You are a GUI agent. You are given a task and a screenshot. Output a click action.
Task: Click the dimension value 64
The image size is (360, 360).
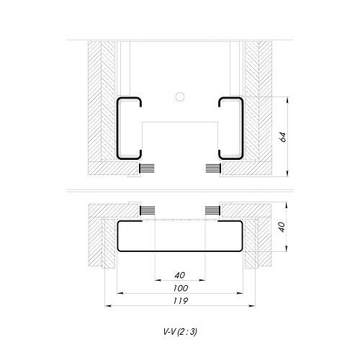pos(284,136)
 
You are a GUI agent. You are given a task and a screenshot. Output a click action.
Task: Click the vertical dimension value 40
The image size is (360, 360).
pos(284,226)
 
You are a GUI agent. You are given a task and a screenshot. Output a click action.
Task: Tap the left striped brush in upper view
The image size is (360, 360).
pos(147,168)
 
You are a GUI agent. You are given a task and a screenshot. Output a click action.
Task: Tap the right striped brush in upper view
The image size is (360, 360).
pos(212,168)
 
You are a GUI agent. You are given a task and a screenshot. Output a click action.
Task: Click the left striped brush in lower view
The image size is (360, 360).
pos(147,210)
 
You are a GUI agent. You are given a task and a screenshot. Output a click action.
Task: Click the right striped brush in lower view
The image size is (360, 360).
pos(212,210)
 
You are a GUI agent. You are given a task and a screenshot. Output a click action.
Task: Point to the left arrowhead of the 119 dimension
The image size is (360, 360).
pos(109,306)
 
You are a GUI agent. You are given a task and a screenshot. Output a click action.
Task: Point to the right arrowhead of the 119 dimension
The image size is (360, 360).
pos(254,306)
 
